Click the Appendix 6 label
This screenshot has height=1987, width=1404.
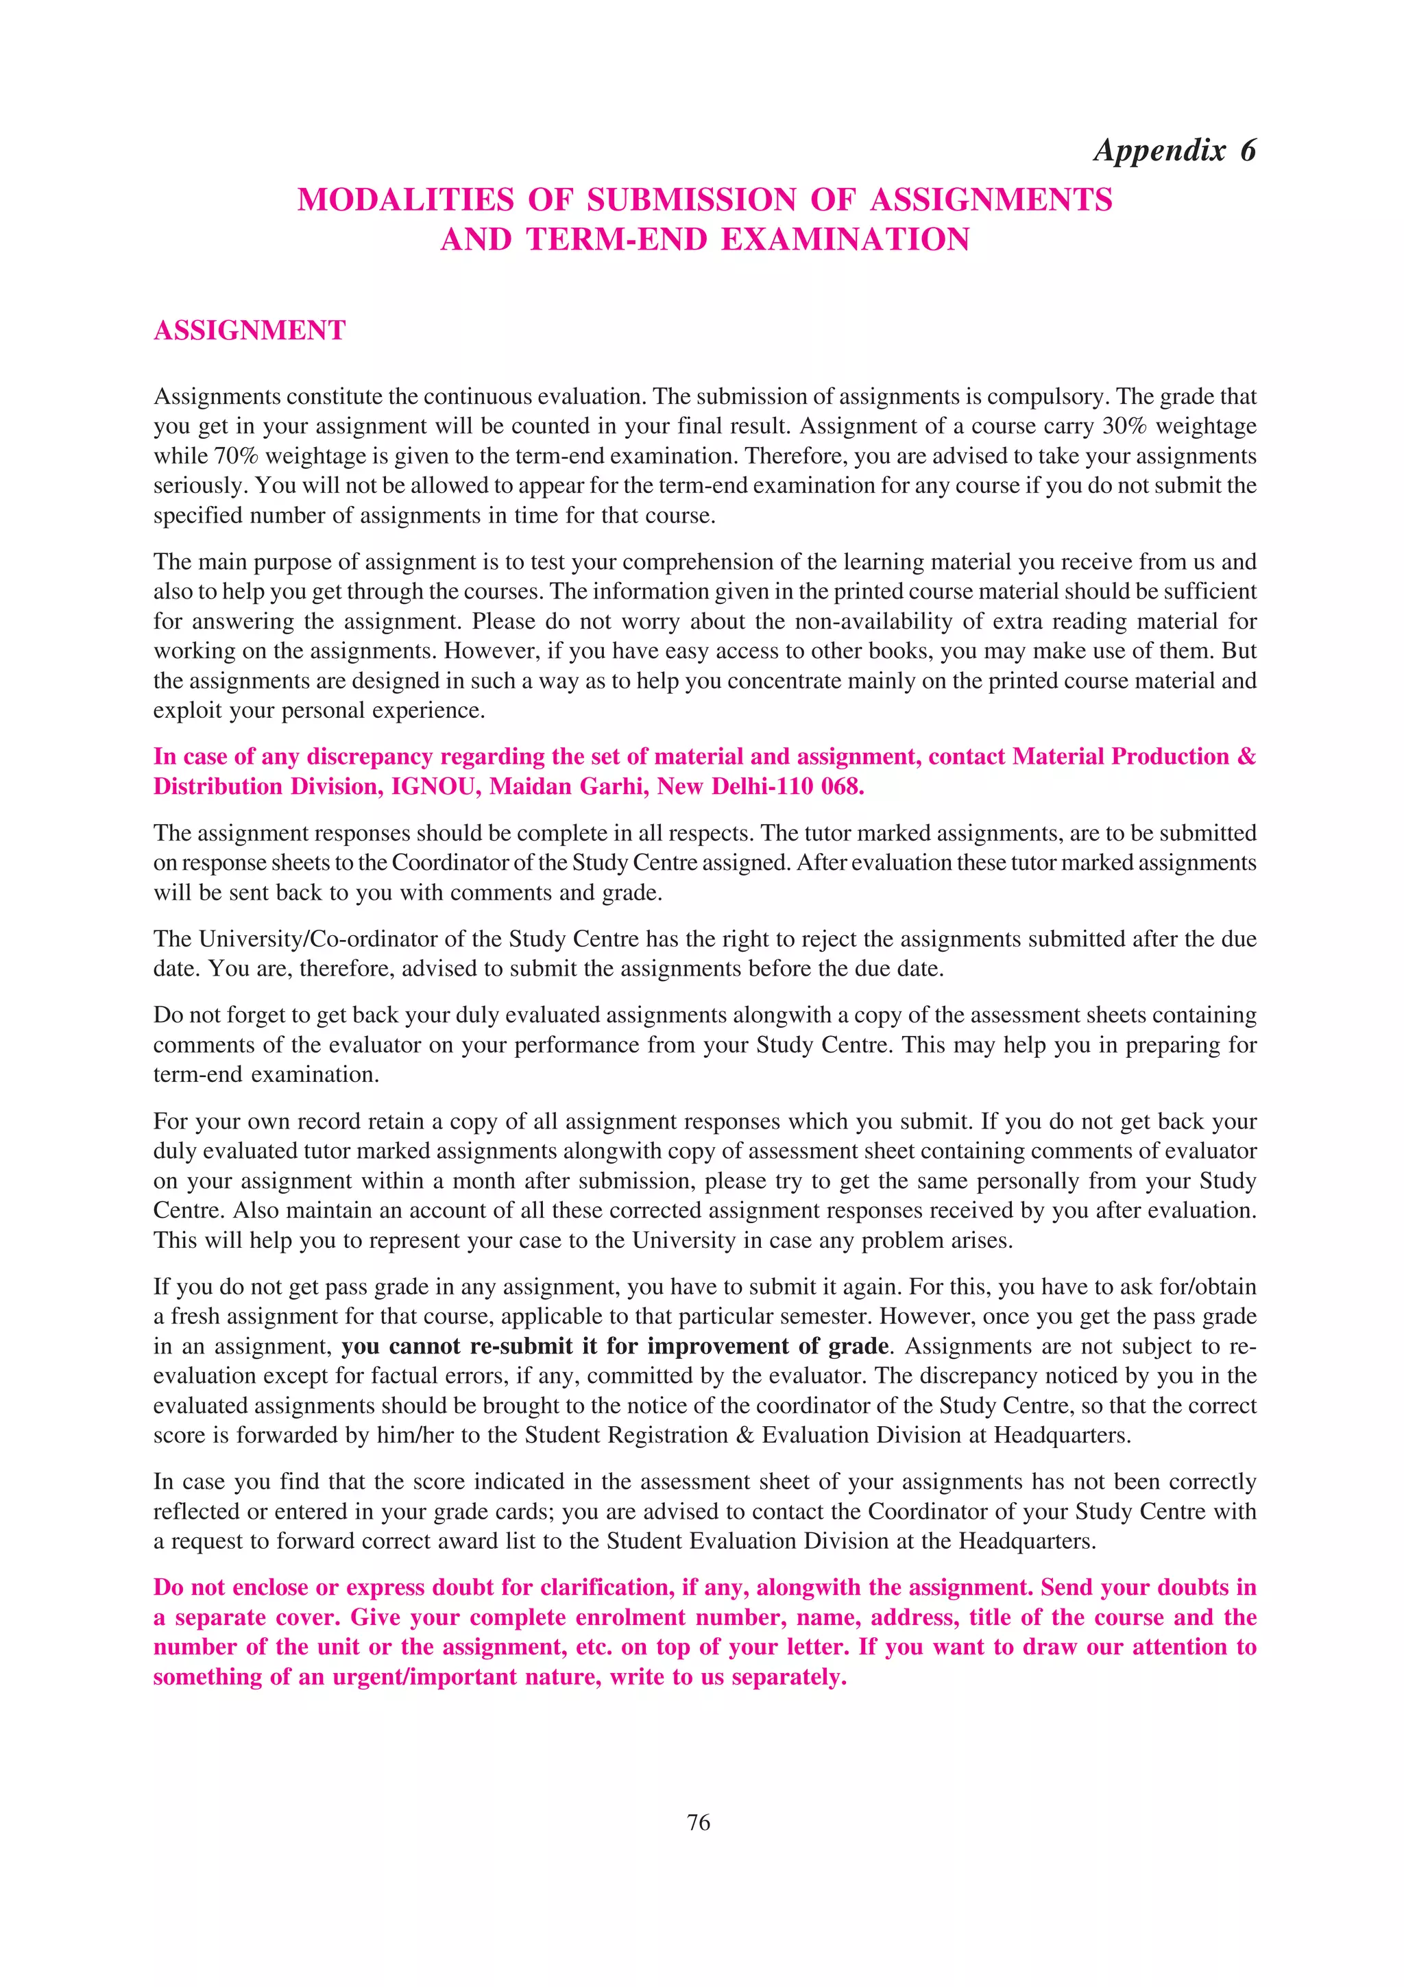pos(1174,151)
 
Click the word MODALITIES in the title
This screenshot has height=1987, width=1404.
pos(406,200)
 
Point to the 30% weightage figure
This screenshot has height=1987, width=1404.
pos(1124,426)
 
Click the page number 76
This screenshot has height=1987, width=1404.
pos(698,1822)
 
